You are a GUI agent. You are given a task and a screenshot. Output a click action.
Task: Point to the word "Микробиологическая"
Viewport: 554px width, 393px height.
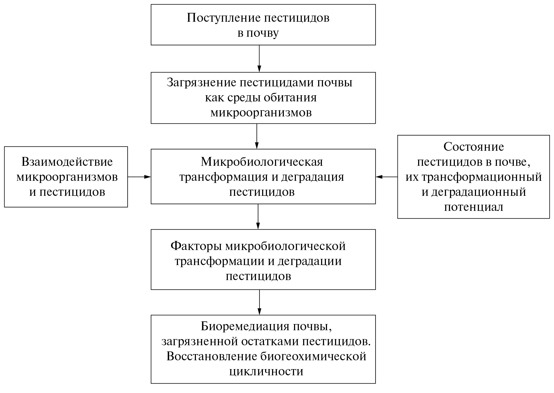[262, 162]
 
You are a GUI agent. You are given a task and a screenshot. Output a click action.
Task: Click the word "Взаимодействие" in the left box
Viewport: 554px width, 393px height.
[67, 162]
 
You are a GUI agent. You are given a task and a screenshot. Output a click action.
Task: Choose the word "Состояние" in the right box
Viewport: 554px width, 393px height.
[474, 147]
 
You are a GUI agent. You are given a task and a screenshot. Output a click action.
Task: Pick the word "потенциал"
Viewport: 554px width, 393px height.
[474, 207]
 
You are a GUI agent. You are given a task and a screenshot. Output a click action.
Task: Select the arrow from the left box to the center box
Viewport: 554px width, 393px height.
[139, 177]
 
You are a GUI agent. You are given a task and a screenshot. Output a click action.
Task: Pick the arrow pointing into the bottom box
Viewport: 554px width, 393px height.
[259, 302]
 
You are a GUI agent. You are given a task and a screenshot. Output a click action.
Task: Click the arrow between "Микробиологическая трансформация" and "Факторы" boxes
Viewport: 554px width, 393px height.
[258, 216]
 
